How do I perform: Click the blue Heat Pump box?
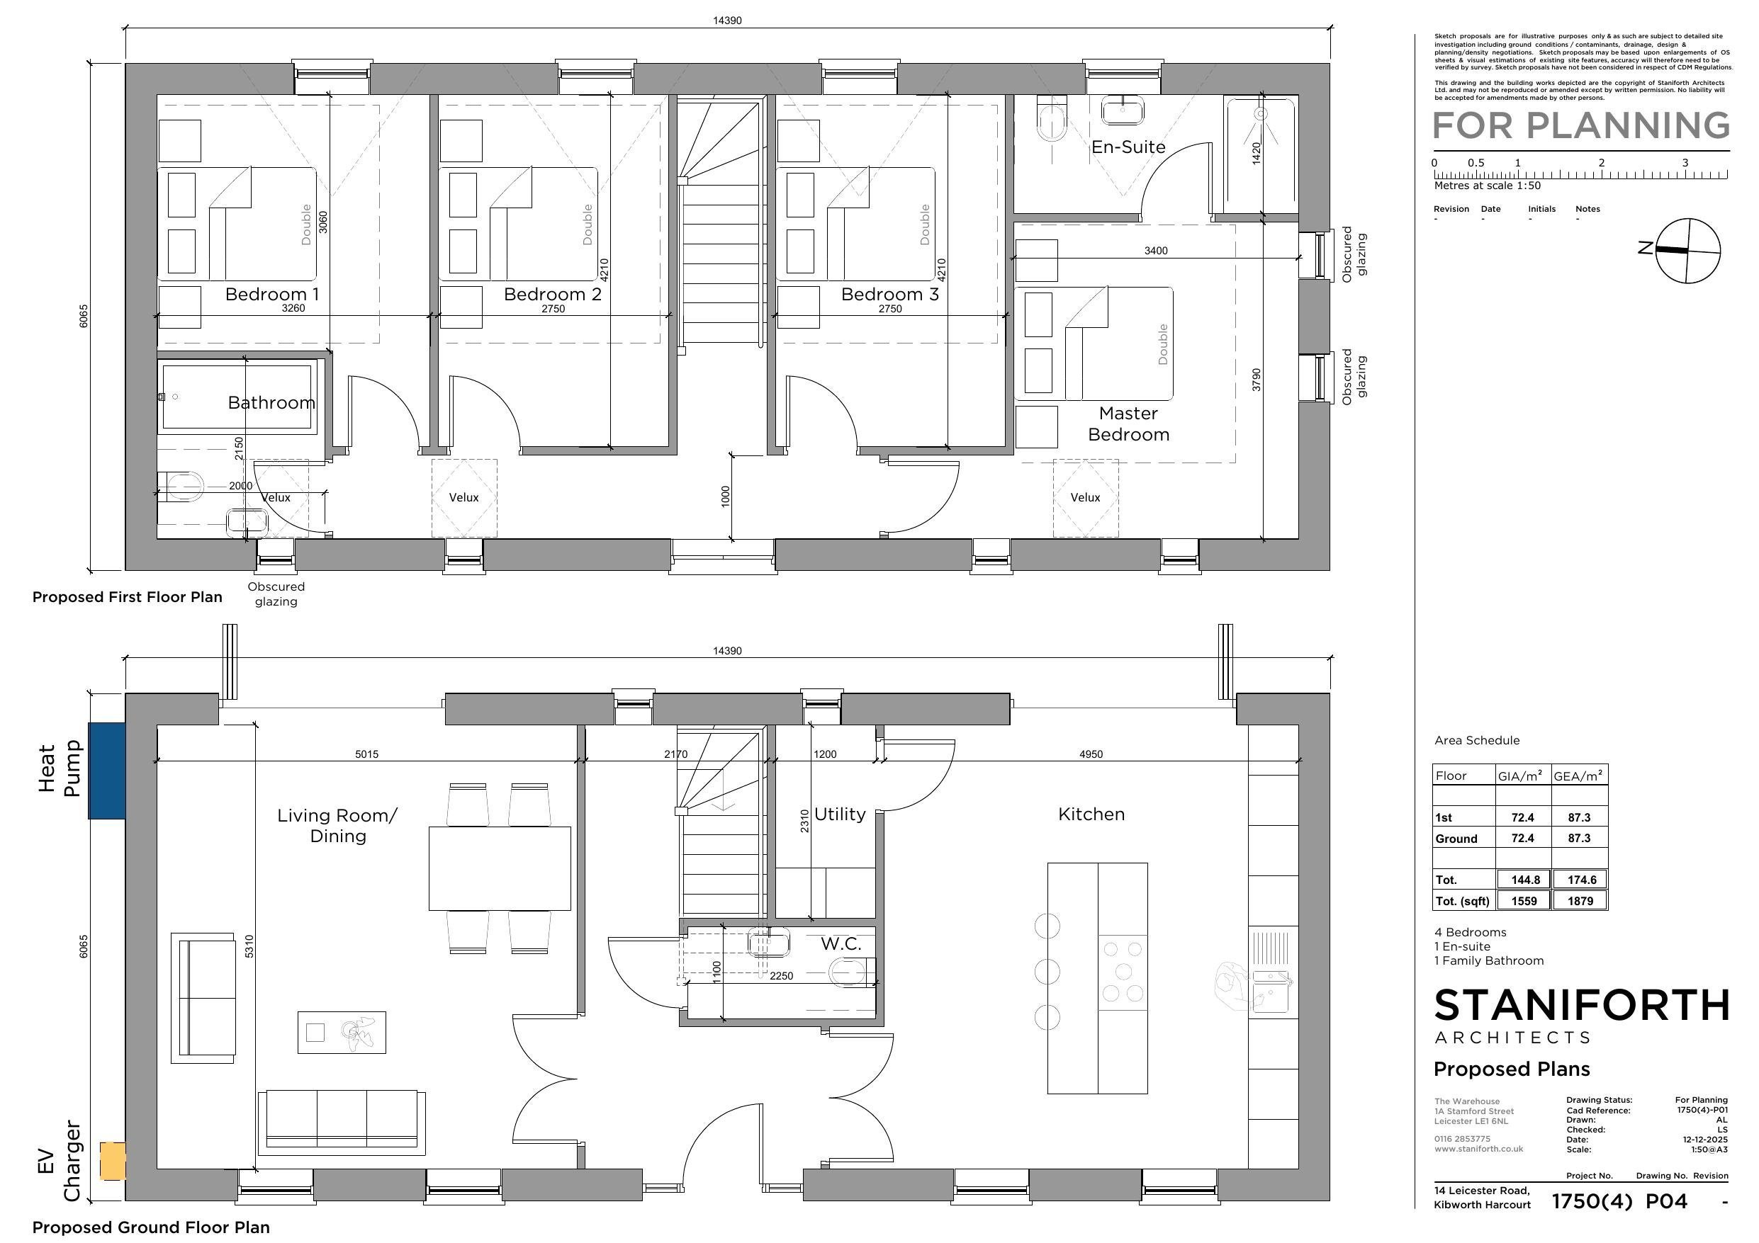coord(106,771)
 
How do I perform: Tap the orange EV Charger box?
coord(113,1160)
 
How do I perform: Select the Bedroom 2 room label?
coord(552,294)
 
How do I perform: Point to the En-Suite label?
coord(1128,147)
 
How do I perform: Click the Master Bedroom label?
coord(1128,424)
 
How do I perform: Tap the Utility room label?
coord(840,814)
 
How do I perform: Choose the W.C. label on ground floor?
coord(841,943)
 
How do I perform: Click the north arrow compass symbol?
coord(1687,251)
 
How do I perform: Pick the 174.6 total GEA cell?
coord(1580,880)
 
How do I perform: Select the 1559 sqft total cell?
coord(1524,901)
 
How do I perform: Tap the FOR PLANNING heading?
coord(1581,125)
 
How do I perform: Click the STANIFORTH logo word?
coord(1581,1005)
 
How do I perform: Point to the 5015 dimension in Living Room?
coord(366,754)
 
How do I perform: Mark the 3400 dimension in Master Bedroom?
coord(1155,251)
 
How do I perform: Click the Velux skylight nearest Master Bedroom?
coord(1086,498)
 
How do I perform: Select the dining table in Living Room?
coord(500,868)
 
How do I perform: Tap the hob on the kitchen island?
coord(1123,972)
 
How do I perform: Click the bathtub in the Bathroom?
coord(237,397)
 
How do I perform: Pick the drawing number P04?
coord(1666,1202)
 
